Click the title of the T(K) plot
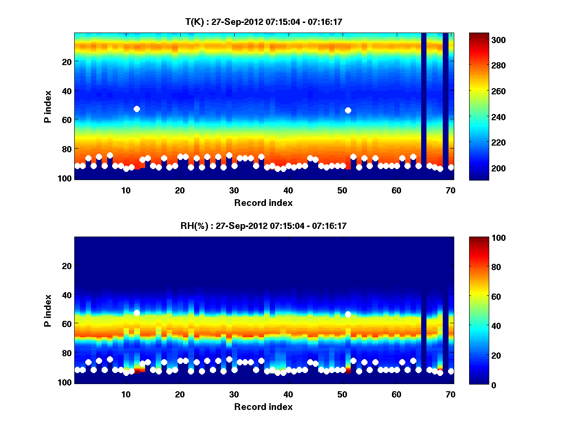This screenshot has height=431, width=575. click(x=263, y=22)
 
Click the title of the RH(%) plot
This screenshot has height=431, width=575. click(x=263, y=226)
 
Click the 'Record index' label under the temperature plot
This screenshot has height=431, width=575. click(x=263, y=203)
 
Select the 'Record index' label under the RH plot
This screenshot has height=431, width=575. click(x=263, y=407)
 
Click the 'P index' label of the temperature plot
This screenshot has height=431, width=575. click(x=48, y=106)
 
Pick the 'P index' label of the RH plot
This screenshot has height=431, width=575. click(x=48, y=310)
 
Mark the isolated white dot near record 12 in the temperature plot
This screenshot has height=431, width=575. click(x=137, y=109)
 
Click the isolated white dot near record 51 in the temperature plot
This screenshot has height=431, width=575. click(x=348, y=110)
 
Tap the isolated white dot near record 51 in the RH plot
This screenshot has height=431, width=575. click(x=348, y=314)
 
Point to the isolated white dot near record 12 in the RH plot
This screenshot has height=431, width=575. click(x=137, y=313)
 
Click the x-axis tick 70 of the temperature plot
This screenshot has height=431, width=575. click(x=450, y=190)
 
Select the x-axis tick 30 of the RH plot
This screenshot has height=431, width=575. click(x=234, y=394)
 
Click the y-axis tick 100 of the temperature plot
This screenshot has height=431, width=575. click(x=66, y=178)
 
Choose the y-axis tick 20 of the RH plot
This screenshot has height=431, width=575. click(x=66, y=266)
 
